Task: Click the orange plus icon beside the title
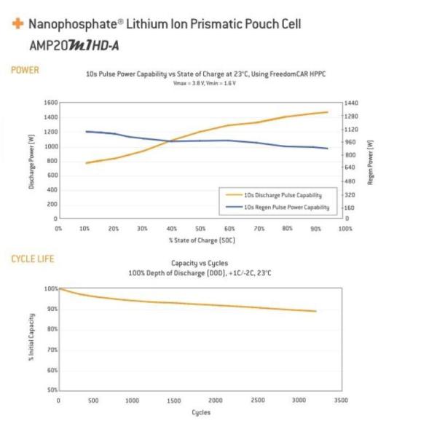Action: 17,24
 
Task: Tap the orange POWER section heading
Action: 25,70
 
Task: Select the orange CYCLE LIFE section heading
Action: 33,259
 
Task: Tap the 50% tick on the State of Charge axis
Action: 201,228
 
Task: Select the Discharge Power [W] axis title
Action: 32,161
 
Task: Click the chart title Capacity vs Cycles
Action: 200,263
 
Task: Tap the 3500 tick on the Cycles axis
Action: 341,400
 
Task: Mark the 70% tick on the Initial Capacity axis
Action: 52,350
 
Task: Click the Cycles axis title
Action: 201,412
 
